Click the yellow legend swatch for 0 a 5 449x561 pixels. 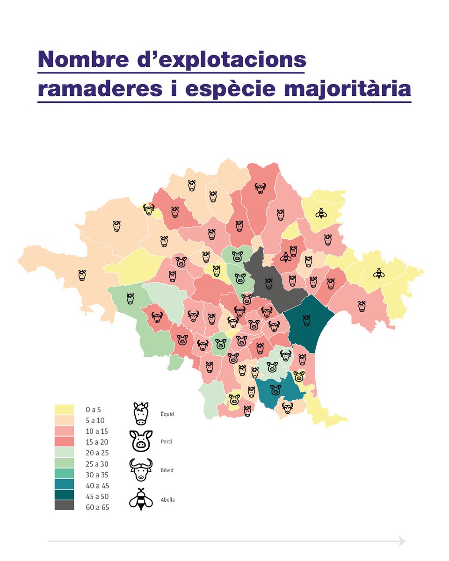[x=64, y=409]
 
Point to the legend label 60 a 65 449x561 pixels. [x=97, y=507]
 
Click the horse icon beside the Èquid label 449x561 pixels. [x=141, y=413]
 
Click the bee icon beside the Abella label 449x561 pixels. [x=141, y=499]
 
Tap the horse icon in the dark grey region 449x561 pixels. [x=268, y=283]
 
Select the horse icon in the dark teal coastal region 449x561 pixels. [x=306, y=320]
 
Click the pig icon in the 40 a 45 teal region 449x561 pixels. [x=275, y=389]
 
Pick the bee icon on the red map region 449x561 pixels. [x=285, y=257]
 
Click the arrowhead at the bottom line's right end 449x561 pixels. [x=401, y=541]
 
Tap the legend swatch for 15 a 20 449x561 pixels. [x=64, y=441]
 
